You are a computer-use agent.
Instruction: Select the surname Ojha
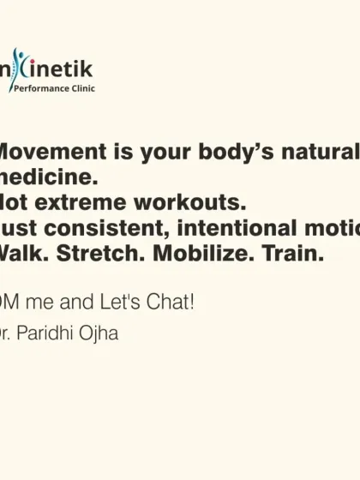(100, 333)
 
